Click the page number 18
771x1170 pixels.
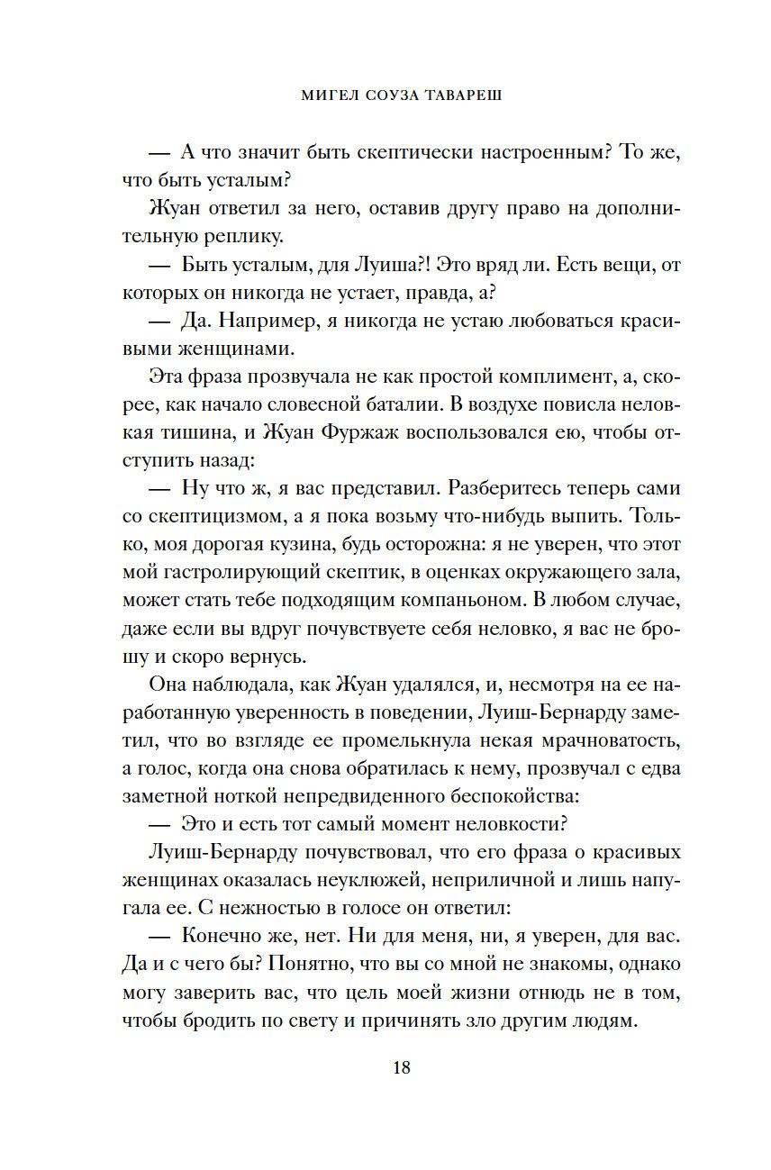tap(402, 1068)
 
